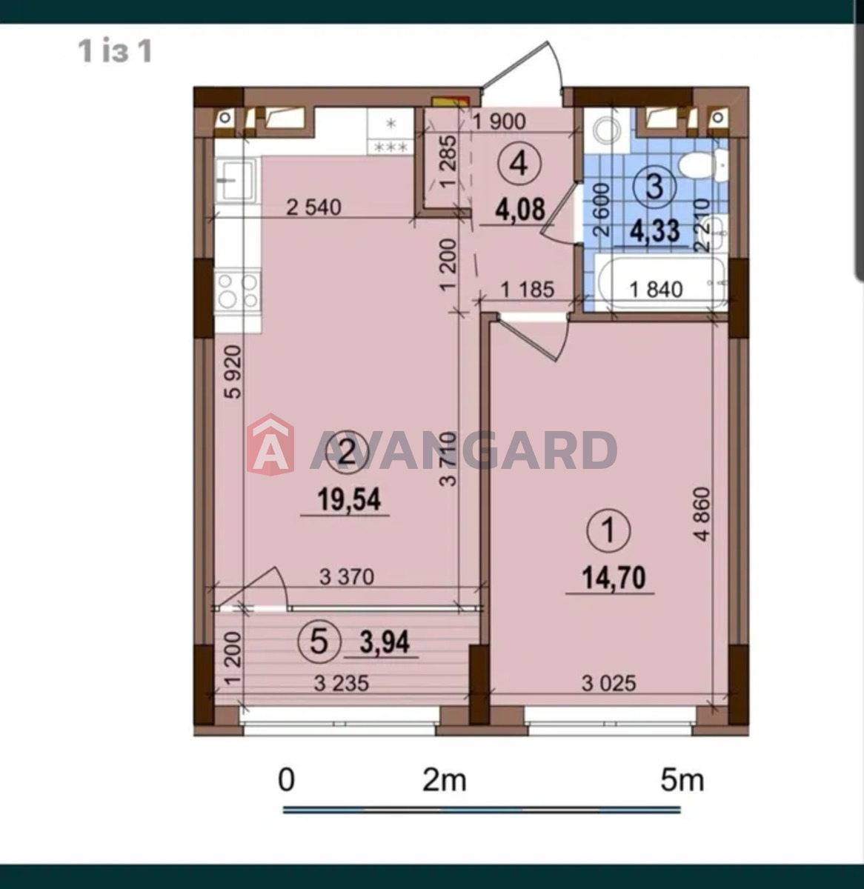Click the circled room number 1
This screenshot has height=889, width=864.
[608, 530]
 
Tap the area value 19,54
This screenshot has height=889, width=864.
[349, 499]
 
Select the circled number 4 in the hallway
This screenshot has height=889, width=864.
[519, 163]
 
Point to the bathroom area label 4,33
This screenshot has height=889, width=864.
[655, 230]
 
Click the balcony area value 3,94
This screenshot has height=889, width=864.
[385, 642]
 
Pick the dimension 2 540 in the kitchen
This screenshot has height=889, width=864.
[313, 207]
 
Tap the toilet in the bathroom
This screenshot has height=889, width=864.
[703, 166]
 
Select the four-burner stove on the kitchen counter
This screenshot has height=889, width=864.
[238, 291]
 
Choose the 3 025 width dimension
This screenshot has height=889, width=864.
[608, 684]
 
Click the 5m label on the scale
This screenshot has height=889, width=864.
[682, 780]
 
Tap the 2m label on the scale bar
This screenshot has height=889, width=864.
[444, 780]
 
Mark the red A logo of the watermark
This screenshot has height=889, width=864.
[270, 444]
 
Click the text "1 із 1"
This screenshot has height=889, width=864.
[115, 50]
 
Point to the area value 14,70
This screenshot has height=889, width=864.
[614, 577]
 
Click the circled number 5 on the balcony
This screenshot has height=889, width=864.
[319, 642]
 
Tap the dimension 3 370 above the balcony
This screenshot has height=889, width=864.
[347, 577]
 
